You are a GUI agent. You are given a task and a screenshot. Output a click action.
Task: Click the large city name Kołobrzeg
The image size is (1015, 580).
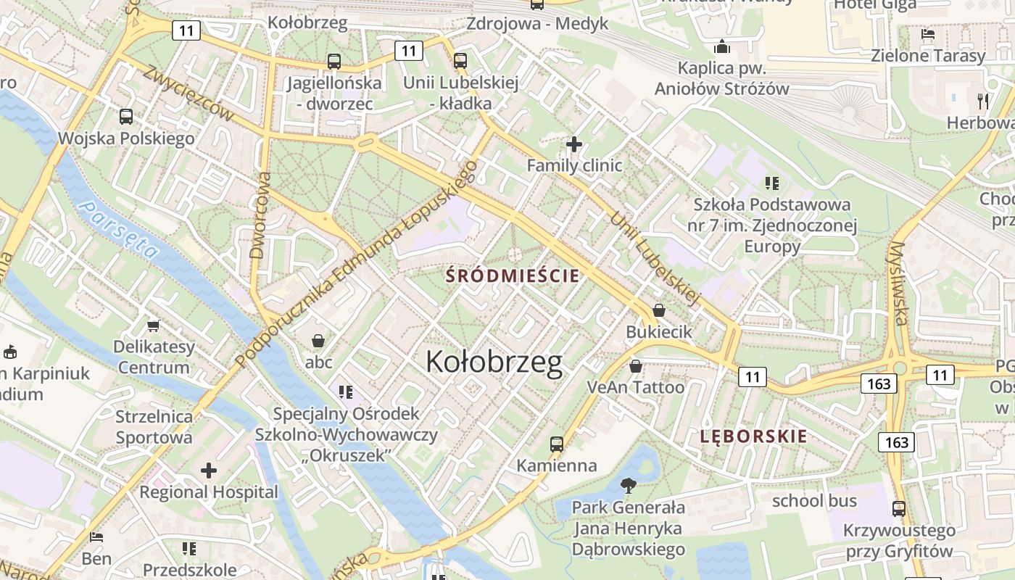tap(494, 362)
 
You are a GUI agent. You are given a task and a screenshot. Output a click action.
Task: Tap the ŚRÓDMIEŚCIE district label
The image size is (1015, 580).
tap(513, 275)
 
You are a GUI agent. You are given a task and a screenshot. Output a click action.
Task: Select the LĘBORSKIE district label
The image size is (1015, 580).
tap(753, 436)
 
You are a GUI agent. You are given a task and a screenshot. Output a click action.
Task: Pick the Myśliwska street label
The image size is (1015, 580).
tap(899, 283)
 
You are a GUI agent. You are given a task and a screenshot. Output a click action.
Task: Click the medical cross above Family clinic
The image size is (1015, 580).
tap(574, 144)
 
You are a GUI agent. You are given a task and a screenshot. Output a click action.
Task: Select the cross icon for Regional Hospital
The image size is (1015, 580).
tap(209, 471)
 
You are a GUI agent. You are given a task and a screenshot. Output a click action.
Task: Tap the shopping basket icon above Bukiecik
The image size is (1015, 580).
tap(659, 310)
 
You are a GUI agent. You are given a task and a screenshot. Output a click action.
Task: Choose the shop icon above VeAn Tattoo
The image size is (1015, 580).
tap(636, 366)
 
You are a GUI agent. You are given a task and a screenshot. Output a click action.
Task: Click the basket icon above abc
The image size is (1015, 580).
tap(318, 340)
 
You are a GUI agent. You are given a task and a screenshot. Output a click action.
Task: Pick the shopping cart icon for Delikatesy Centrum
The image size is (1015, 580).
tap(153, 326)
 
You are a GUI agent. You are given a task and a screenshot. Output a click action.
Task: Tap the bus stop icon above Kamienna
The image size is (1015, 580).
tap(557, 444)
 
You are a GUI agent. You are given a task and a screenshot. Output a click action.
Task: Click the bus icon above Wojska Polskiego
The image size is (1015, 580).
tap(126, 116)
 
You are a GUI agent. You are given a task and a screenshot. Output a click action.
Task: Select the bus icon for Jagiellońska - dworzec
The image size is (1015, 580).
tap(333, 62)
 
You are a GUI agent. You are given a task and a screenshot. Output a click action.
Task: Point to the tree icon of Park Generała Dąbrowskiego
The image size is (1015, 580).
tap(628, 485)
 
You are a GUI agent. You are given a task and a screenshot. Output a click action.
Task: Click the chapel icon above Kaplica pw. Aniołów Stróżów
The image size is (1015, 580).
tap(721, 47)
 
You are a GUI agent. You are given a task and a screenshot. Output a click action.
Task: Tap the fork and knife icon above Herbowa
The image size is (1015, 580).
tap(982, 100)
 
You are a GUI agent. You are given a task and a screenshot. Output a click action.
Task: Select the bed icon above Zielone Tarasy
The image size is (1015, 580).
tap(928, 33)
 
